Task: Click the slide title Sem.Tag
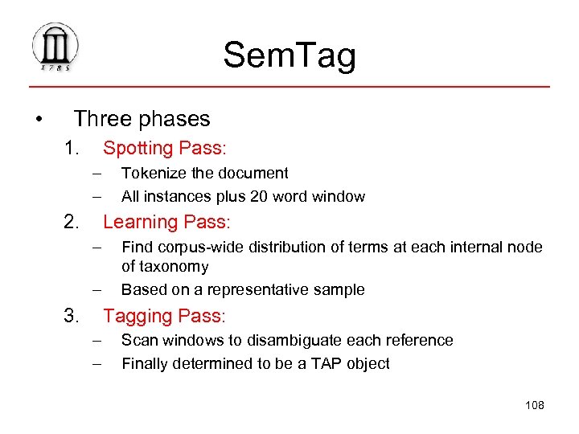(289, 55)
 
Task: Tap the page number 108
(534, 405)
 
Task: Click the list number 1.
(72, 149)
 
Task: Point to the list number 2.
(72, 222)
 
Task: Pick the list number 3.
(72, 317)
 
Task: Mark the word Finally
(146, 363)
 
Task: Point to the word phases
(174, 119)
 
